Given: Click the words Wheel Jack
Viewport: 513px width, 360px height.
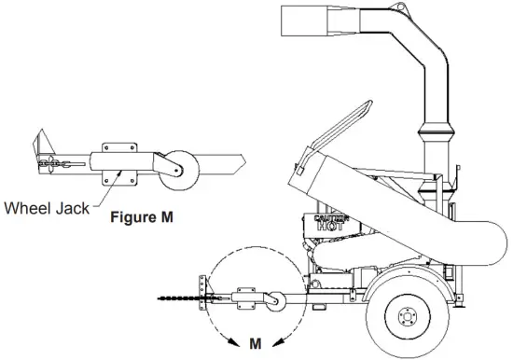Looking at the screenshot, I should [x=47, y=208].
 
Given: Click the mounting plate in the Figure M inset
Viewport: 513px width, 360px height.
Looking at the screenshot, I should [x=116, y=159].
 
